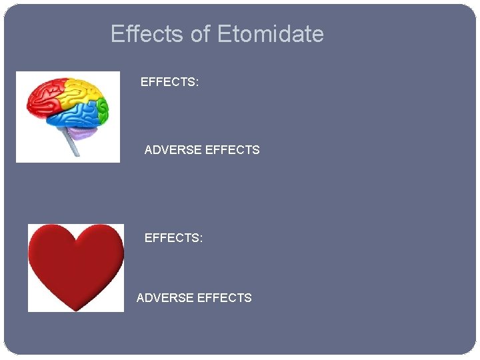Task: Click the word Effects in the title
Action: (x=148, y=34)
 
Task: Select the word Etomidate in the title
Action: (x=270, y=34)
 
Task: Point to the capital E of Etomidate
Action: (x=224, y=34)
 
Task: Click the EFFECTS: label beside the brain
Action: (x=169, y=83)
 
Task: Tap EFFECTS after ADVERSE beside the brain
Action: (x=233, y=150)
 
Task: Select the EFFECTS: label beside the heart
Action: (x=173, y=238)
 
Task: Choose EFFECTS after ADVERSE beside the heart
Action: (x=225, y=298)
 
